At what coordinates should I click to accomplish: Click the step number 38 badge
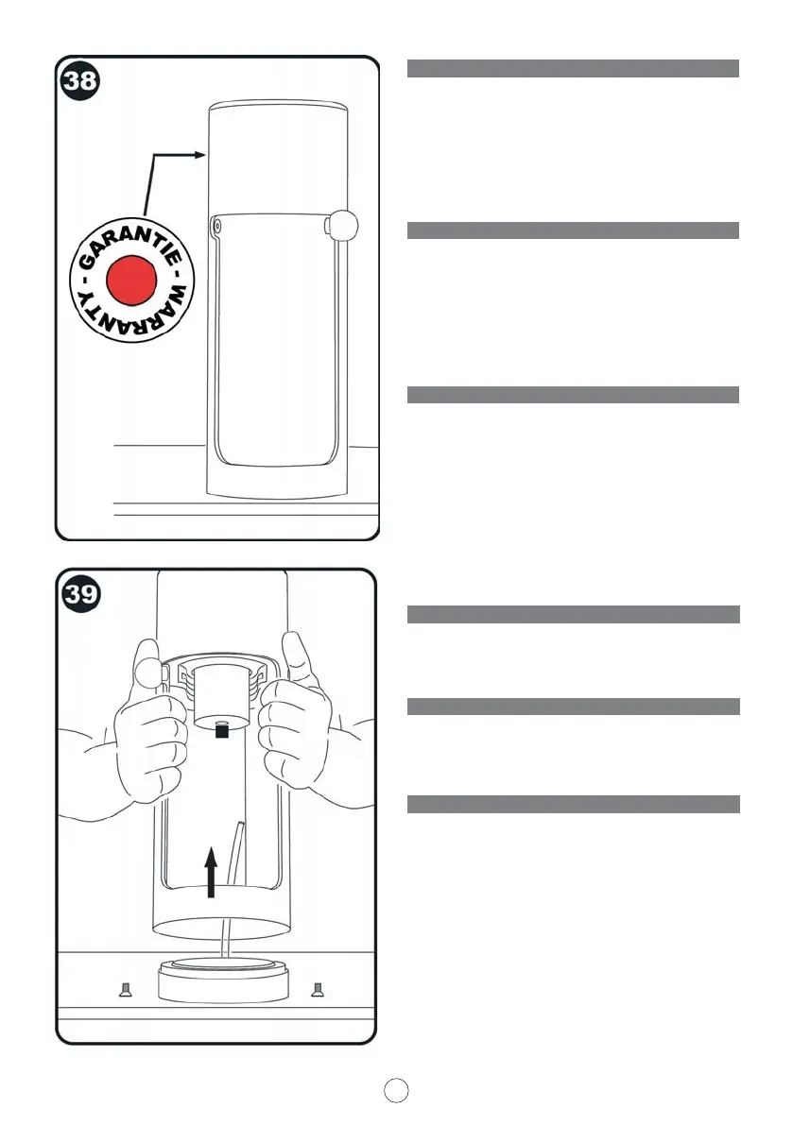click(80, 81)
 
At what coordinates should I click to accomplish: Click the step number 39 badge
click(81, 596)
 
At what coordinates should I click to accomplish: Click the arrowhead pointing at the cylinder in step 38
click(200, 154)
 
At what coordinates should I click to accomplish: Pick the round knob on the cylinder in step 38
click(342, 225)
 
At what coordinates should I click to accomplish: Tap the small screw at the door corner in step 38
click(216, 226)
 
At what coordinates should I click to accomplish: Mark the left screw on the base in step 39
click(124, 988)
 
